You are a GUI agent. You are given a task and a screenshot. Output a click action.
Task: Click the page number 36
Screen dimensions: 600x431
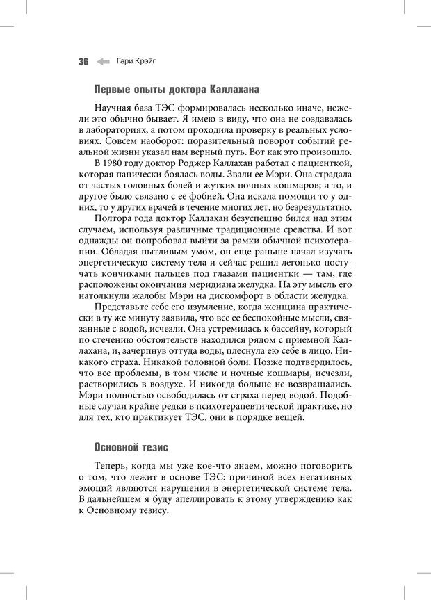click(83, 61)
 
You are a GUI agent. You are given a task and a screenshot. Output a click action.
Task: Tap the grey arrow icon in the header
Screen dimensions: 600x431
click(103, 61)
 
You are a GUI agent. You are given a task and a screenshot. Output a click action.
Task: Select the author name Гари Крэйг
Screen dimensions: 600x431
click(137, 61)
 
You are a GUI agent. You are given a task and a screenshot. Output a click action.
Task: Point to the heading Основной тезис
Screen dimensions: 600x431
click(130, 447)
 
